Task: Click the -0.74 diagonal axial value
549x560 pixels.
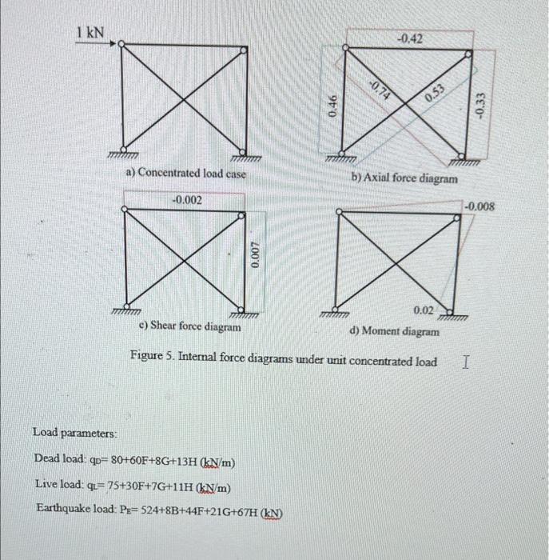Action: (380, 90)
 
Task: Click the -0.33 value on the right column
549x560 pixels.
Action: (479, 105)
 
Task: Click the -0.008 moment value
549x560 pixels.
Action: (481, 206)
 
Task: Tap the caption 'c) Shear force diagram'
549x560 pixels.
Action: (189, 326)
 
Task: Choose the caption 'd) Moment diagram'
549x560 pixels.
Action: (394, 330)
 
